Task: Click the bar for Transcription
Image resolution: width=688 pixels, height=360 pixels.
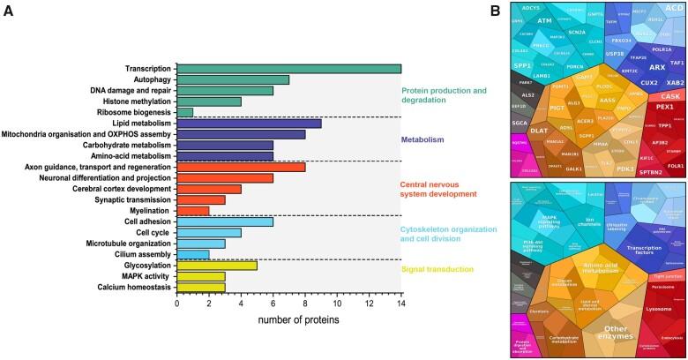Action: (x=288, y=69)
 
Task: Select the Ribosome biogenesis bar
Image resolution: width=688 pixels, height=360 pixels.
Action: (x=184, y=112)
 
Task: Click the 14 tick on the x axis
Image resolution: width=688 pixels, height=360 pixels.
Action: (x=400, y=304)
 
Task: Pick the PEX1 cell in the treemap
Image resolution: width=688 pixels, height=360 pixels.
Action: (x=654, y=107)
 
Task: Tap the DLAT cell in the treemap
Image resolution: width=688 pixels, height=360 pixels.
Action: (x=540, y=130)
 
